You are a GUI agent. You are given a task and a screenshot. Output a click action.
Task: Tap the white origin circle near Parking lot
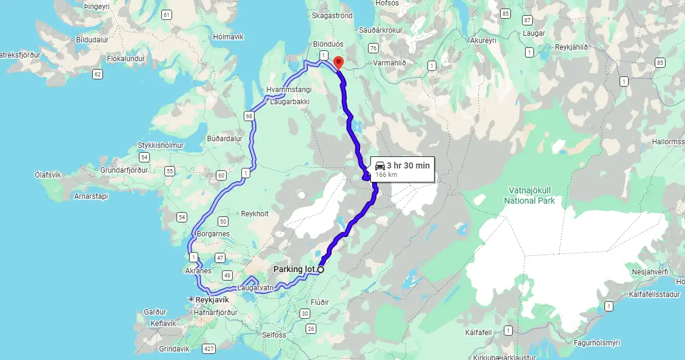click(x=321, y=270)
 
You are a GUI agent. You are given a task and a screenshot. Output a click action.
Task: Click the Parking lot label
click(x=295, y=269)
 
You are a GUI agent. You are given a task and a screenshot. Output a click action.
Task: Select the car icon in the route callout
click(x=379, y=165)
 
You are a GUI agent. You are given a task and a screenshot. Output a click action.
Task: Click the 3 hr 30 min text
click(x=408, y=165)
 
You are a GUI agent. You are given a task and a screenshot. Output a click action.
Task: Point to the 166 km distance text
click(x=386, y=175)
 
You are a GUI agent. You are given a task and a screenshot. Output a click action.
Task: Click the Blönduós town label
click(x=329, y=44)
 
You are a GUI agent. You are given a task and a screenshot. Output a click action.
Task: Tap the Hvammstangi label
click(x=289, y=90)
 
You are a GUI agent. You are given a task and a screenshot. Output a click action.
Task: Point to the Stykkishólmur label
click(x=160, y=145)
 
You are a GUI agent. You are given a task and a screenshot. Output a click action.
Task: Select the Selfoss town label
click(x=274, y=335)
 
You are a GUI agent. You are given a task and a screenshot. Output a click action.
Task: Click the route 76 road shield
click(x=373, y=48)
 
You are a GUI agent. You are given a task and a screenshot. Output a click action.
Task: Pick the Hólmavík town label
click(x=228, y=37)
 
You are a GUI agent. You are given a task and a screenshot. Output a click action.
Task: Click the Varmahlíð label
click(x=390, y=63)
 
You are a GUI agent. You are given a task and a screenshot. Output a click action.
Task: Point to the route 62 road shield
click(x=98, y=74)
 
